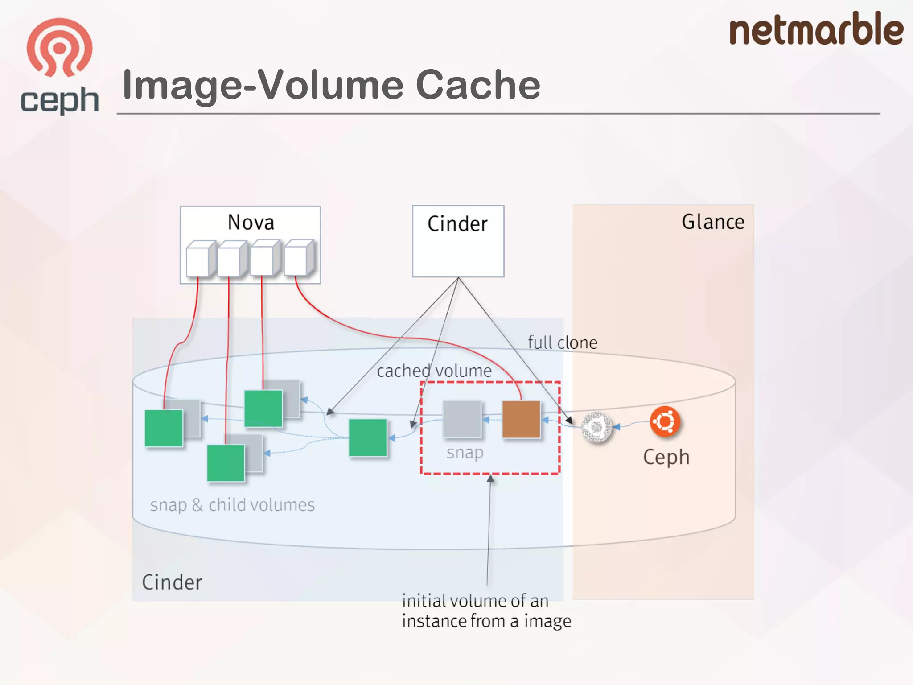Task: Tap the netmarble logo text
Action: pyautogui.click(x=815, y=29)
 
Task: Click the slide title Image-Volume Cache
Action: pyautogui.click(x=331, y=85)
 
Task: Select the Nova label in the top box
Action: pyautogui.click(x=251, y=223)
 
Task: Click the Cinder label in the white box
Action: pyautogui.click(x=457, y=224)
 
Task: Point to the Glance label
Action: pyautogui.click(x=713, y=222)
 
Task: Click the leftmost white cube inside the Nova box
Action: pyautogui.click(x=199, y=260)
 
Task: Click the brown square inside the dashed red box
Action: pyautogui.click(x=521, y=419)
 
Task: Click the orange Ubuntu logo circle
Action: pyautogui.click(x=665, y=421)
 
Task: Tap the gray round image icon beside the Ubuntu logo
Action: pyautogui.click(x=597, y=427)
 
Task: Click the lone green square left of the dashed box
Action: pyautogui.click(x=368, y=437)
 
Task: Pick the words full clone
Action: pyautogui.click(x=562, y=342)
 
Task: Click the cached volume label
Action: pyautogui.click(x=434, y=371)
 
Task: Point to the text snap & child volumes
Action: pyautogui.click(x=232, y=505)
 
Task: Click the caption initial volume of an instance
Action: pyautogui.click(x=486, y=611)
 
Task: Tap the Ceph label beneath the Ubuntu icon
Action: pyautogui.click(x=666, y=457)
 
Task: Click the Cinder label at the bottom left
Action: pyautogui.click(x=172, y=582)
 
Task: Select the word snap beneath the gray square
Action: pyautogui.click(x=465, y=453)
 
